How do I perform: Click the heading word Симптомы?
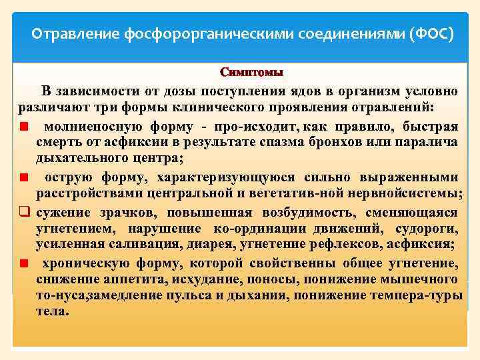[x=251, y=72]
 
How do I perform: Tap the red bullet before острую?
[x=23, y=178]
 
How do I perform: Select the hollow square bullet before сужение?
[x=23, y=213]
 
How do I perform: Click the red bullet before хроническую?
[x=23, y=263]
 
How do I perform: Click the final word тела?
[x=51, y=311]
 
